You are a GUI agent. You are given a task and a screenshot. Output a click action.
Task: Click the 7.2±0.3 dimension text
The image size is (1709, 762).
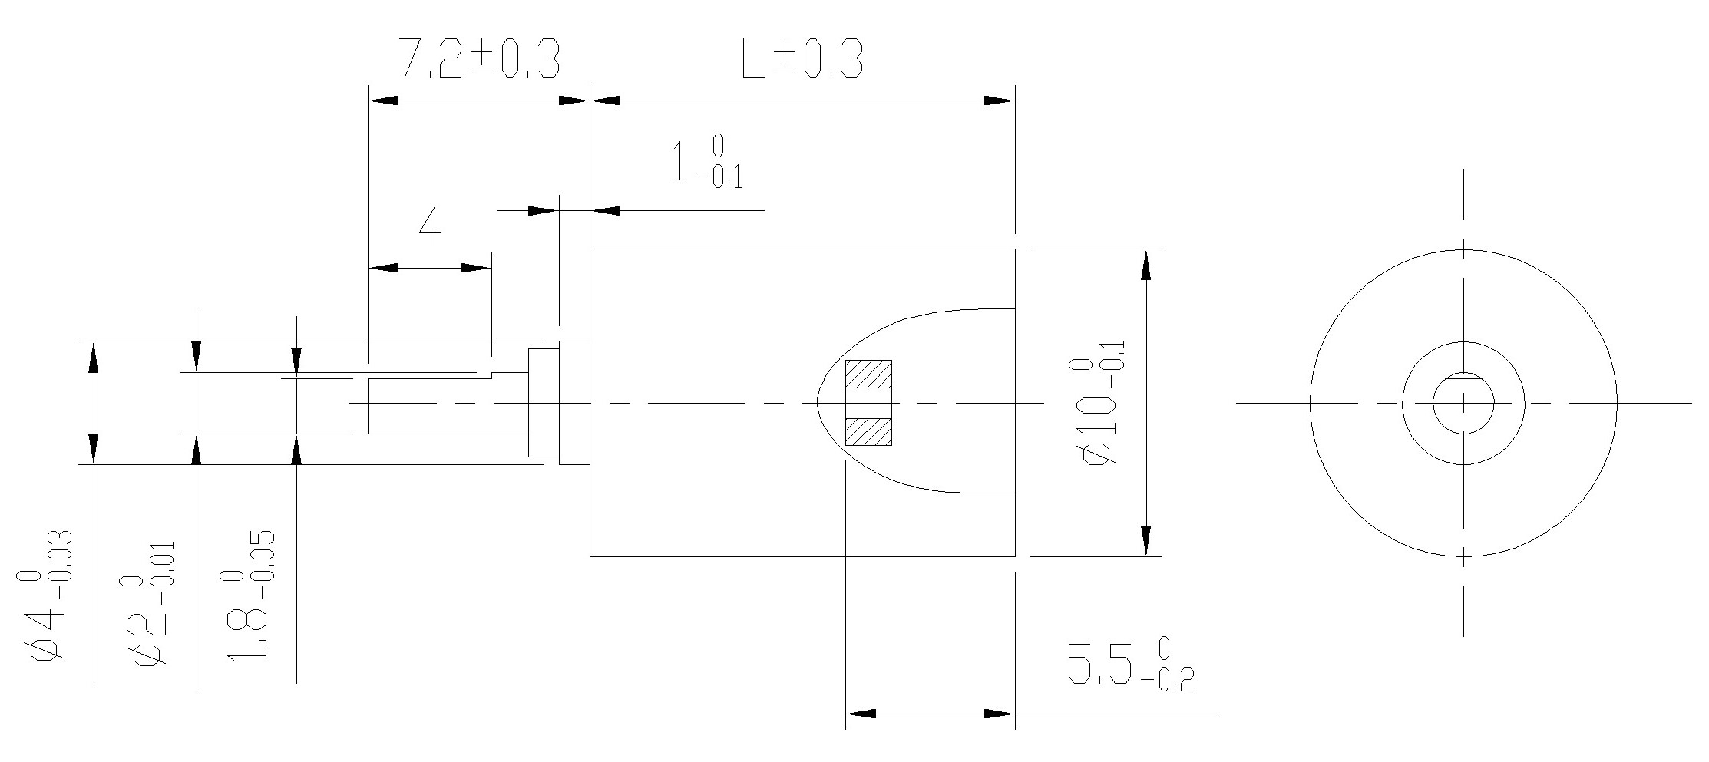coord(481,60)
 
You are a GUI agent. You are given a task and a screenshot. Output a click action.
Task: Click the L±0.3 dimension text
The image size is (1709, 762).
coord(802,60)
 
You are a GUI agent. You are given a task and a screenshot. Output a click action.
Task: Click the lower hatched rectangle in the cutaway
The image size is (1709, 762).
coord(868,431)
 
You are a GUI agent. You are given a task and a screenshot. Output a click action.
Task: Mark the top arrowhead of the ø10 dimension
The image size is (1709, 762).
coord(1145,264)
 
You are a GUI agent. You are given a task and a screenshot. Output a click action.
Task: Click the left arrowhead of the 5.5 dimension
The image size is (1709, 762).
coord(861,714)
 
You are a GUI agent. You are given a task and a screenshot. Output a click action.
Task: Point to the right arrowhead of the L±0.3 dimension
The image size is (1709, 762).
coord(1000,101)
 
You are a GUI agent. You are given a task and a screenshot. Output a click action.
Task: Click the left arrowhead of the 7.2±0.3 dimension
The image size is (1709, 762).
coord(383,101)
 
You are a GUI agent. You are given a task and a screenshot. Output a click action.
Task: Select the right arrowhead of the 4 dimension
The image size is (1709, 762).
coord(475,268)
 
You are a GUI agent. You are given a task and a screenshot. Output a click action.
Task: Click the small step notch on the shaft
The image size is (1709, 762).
coord(491,374)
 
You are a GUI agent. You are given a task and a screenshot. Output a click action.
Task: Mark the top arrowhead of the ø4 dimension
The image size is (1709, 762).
coord(94,358)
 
